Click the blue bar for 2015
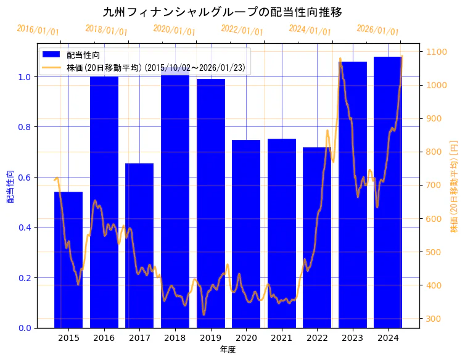pos(68,260)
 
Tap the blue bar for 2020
pos(246,234)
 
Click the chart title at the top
pos(222,12)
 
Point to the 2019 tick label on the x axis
pos(210,338)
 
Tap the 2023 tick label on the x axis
pos(352,338)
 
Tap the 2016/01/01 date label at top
pos(38,30)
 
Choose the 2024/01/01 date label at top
pos(310,30)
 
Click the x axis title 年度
pos(228,350)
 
